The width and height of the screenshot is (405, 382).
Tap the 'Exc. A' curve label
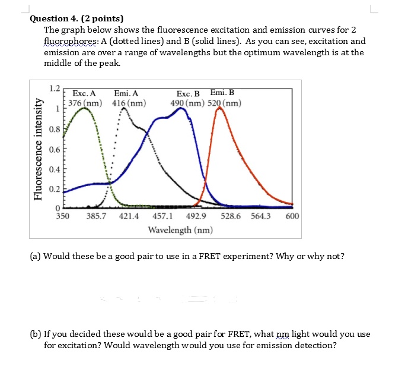(84, 93)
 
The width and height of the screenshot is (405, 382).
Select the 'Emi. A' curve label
(126, 93)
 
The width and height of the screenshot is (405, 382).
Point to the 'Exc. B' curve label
(189, 93)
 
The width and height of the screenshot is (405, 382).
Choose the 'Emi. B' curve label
(222, 92)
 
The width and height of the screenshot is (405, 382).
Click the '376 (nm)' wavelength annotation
(85, 103)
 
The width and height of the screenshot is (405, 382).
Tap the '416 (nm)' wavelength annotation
(129, 103)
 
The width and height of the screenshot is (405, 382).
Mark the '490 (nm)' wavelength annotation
(187, 103)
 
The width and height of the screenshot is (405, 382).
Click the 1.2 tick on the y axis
(55, 89)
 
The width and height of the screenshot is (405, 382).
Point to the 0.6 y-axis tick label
(55, 149)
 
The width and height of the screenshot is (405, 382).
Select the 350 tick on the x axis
(62, 216)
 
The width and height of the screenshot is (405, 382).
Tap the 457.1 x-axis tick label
(162, 216)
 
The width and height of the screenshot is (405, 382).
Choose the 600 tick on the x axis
(292, 216)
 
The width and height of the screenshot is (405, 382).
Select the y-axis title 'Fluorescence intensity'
(39, 150)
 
